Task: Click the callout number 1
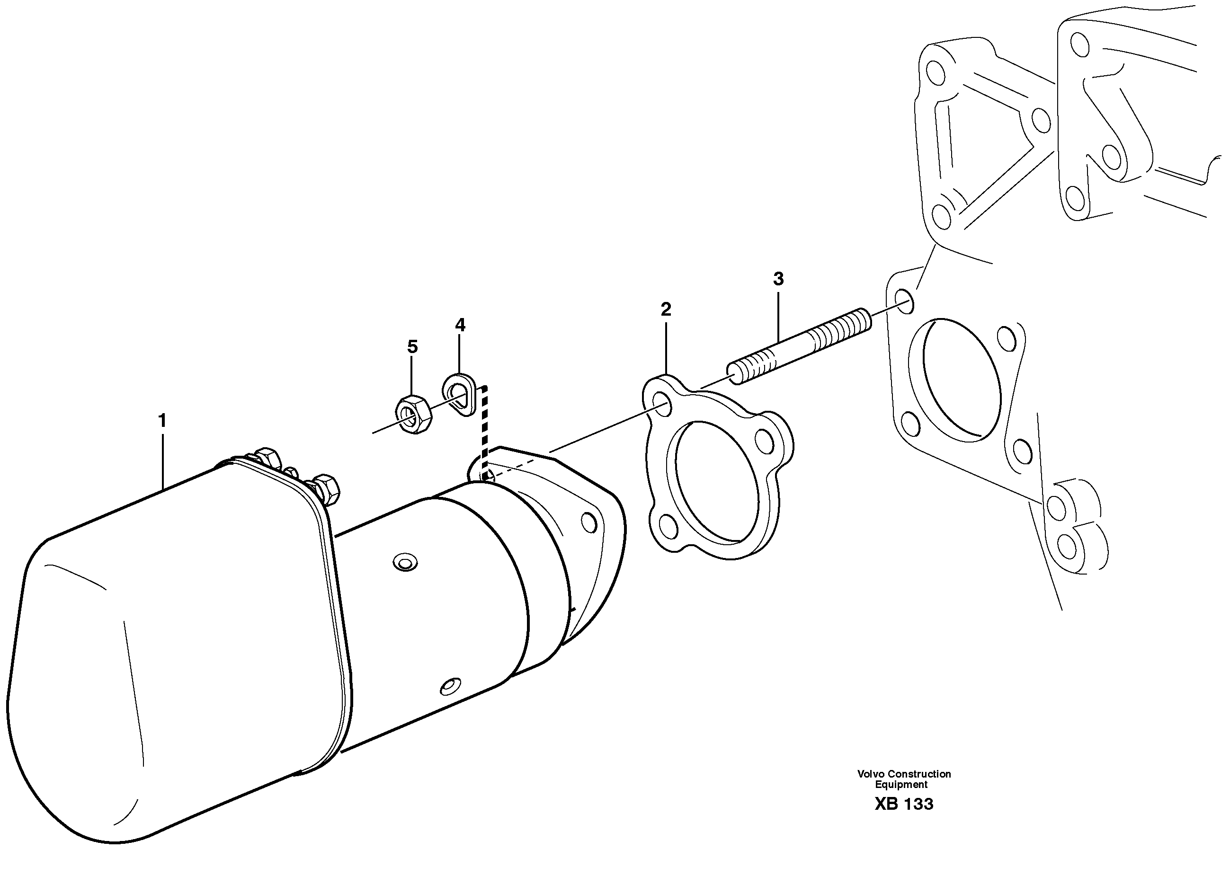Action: (162, 420)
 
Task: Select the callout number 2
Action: (666, 310)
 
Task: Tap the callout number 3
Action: (778, 279)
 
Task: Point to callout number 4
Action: (460, 325)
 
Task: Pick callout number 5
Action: (412, 347)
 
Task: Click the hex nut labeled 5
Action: (413, 414)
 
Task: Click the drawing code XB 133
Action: (904, 804)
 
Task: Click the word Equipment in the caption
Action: (901, 784)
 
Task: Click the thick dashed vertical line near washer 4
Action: (484, 432)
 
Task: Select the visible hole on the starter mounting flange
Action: (589, 522)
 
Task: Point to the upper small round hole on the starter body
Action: (405, 563)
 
